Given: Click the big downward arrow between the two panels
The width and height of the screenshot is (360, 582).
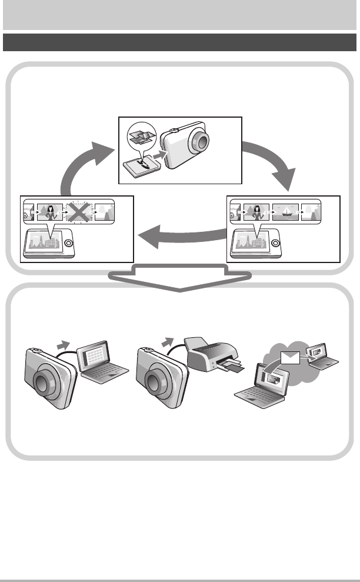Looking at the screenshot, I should pyautogui.click(x=180, y=277).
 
